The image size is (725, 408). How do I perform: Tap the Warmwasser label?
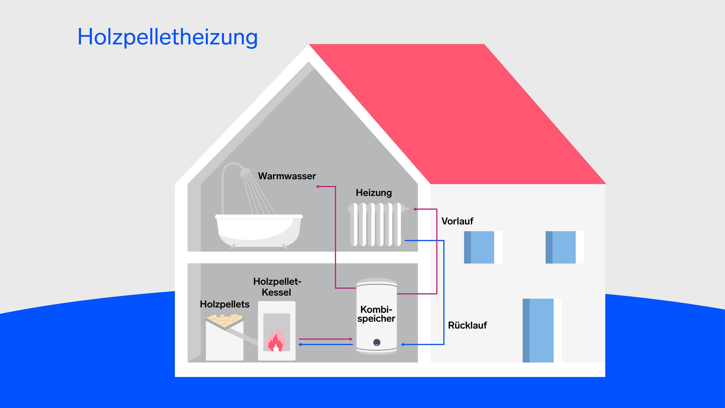(x=287, y=176)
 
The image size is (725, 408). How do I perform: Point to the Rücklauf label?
(x=467, y=325)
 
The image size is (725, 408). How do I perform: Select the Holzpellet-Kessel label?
(x=277, y=287)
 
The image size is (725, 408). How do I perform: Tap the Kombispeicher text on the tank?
(x=376, y=314)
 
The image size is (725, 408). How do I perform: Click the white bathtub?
(x=258, y=229)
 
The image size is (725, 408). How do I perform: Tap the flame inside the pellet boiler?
(x=276, y=341)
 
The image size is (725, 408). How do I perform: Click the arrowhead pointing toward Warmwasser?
(x=317, y=186)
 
